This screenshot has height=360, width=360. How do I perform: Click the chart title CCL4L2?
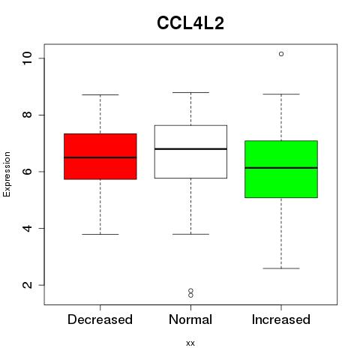[x=190, y=23]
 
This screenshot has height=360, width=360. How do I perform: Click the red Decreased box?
[x=100, y=157]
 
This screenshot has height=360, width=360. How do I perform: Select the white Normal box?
[x=190, y=151]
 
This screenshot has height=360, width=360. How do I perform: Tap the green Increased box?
[x=281, y=169]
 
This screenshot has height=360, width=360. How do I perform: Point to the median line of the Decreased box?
[x=100, y=157]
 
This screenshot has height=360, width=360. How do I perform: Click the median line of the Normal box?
[x=190, y=149]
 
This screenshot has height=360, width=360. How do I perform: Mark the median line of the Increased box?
[x=281, y=168]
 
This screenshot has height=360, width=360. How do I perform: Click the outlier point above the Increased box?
[x=281, y=54]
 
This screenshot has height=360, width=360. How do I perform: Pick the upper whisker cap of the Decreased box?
[x=100, y=95]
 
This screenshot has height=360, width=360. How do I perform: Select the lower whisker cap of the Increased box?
[x=281, y=268]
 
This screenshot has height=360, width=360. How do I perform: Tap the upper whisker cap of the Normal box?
[x=190, y=92]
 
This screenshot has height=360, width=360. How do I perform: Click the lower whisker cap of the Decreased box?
[x=100, y=235]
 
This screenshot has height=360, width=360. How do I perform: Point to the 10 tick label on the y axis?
[x=28, y=58]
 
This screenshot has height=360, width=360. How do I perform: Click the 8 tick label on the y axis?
[x=28, y=115]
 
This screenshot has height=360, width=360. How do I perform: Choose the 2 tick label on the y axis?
[x=28, y=285]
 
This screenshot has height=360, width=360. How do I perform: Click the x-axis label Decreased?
[x=100, y=319]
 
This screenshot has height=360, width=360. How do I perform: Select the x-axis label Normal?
[x=190, y=319]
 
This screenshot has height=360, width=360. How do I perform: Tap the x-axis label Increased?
[x=281, y=319]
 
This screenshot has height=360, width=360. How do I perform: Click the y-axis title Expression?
[x=7, y=174]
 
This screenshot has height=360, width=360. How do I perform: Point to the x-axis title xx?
[x=190, y=343]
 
